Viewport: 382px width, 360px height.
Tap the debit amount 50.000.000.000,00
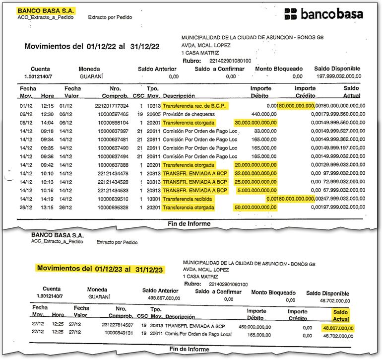coord(255,207)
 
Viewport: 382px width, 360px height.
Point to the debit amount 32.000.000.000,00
coord(255,173)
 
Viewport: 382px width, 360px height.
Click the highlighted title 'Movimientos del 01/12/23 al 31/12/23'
coord(99,269)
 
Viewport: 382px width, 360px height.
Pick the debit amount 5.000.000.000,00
coord(256,190)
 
